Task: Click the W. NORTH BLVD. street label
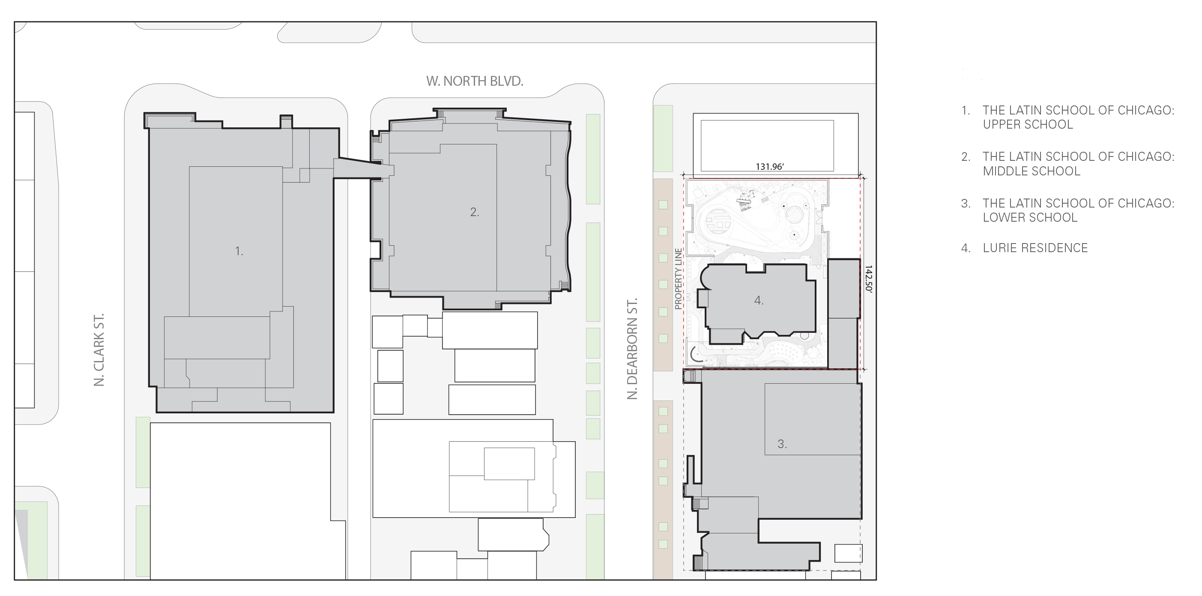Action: click(475, 81)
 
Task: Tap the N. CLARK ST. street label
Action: click(99, 350)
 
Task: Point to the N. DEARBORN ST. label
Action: click(632, 349)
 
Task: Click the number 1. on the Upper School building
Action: click(239, 251)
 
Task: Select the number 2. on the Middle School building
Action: click(475, 212)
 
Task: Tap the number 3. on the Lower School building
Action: click(782, 444)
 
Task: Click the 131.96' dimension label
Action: click(769, 166)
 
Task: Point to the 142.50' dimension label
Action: click(868, 279)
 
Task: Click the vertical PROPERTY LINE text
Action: click(679, 279)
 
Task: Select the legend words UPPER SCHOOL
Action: click(1028, 125)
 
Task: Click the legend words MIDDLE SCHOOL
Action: click(1032, 172)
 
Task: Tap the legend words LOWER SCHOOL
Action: click(1030, 218)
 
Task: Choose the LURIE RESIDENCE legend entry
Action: click(1035, 248)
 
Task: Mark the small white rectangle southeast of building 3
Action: click(848, 553)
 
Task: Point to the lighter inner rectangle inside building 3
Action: click(812, 419)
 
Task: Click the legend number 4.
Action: click(966, 248)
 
